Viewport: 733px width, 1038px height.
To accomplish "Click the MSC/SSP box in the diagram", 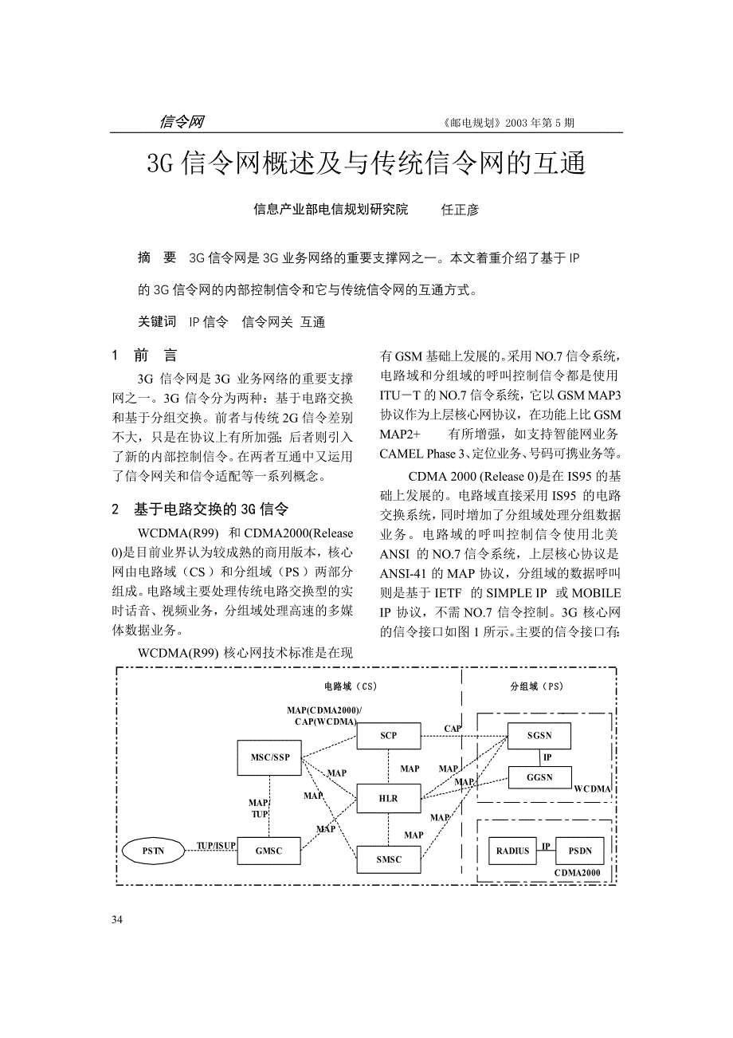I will coord(269,757).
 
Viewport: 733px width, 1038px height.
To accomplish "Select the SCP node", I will coord(388,736).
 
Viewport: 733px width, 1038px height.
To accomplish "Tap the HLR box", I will coord(388,798).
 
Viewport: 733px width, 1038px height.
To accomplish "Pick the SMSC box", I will coord(388,859).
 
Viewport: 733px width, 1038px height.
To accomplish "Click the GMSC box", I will coord(269,851).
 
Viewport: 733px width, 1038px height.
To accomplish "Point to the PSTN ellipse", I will coord(153,851).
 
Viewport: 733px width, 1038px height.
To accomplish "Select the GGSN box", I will coord(540,777).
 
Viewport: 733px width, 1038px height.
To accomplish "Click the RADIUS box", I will coord(512,851).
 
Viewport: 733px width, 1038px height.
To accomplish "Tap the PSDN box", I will coord(579,851).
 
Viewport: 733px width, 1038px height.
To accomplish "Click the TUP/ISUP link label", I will coord(216,844).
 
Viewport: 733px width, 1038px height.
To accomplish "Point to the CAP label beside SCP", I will coord(453,729).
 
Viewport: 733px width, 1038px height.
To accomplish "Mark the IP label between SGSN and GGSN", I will coord(547,757).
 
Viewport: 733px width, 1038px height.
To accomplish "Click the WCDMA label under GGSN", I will coord(592,789).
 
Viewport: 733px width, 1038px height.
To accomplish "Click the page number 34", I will coord(117,921).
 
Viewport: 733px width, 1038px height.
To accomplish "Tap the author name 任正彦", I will coord(460,210).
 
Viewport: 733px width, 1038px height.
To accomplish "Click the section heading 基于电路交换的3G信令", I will coord(210,509).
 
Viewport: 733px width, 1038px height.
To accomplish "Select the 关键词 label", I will coord(157,321).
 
